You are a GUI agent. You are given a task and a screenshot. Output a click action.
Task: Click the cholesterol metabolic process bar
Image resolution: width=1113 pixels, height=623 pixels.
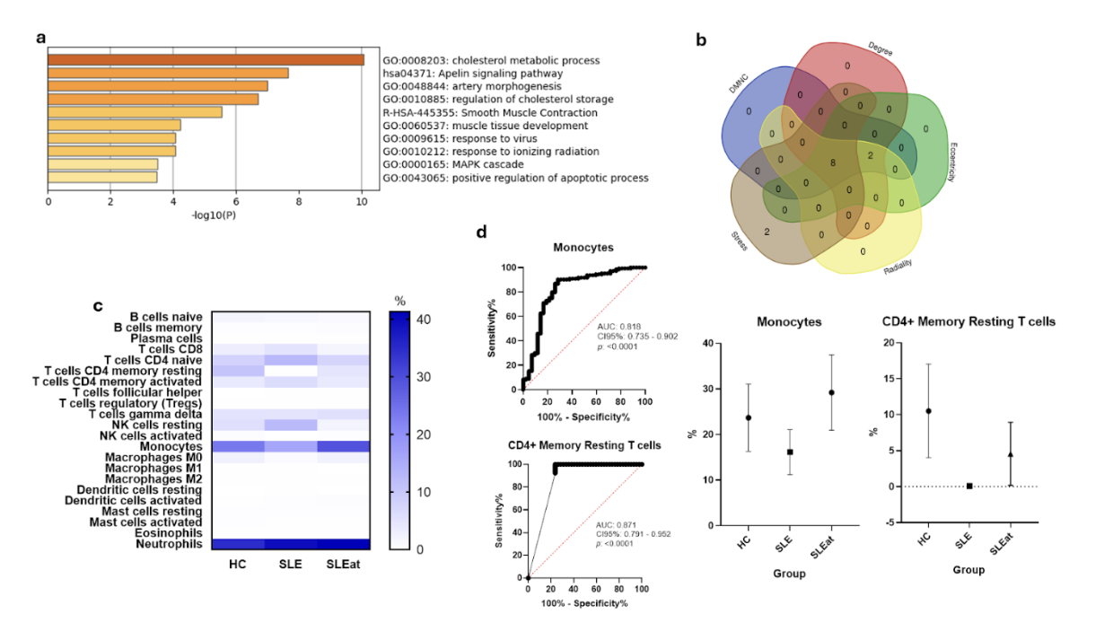206,60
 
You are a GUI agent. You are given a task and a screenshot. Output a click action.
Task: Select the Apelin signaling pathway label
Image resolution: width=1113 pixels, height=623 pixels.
472,74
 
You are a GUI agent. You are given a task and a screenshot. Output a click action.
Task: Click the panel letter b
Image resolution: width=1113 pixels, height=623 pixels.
701,40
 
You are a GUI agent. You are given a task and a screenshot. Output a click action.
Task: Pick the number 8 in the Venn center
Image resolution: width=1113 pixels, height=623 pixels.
833,162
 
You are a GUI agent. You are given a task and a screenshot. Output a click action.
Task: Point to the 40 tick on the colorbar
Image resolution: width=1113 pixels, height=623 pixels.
421,319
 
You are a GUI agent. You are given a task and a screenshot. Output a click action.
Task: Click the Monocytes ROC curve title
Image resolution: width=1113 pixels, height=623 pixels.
583,247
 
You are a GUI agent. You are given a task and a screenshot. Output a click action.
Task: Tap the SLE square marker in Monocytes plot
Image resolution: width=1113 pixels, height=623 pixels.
790,452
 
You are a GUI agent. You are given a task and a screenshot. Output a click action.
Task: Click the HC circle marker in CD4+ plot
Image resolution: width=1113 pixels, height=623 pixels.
929,411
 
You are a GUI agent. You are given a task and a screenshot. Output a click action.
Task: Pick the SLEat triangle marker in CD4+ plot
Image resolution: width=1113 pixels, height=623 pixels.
1011,454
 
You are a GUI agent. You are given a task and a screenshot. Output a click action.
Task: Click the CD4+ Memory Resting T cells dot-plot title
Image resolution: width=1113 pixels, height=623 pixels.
968,321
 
